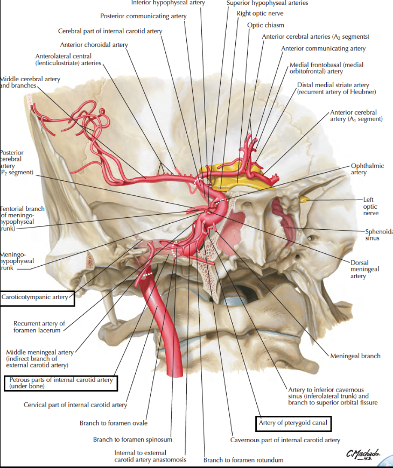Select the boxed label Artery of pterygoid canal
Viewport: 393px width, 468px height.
293,423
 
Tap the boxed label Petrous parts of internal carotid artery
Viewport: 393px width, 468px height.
61,383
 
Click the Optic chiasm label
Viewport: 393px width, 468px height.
265,25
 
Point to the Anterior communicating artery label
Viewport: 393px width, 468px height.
323,48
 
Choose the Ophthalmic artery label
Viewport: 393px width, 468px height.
366,169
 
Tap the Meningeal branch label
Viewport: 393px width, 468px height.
356,356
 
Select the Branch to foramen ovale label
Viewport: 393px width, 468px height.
114,423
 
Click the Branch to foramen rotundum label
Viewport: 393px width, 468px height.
243,460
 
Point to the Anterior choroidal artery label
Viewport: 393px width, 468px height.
94,45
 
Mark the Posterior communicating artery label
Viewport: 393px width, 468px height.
144,16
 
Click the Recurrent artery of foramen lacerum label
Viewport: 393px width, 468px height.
39,327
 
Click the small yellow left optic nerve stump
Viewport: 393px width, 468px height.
305,200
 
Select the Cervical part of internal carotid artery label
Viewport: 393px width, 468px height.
75,405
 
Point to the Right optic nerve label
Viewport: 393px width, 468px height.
260,13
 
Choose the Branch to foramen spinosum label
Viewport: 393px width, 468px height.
132,440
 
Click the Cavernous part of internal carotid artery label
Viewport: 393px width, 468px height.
285,440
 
